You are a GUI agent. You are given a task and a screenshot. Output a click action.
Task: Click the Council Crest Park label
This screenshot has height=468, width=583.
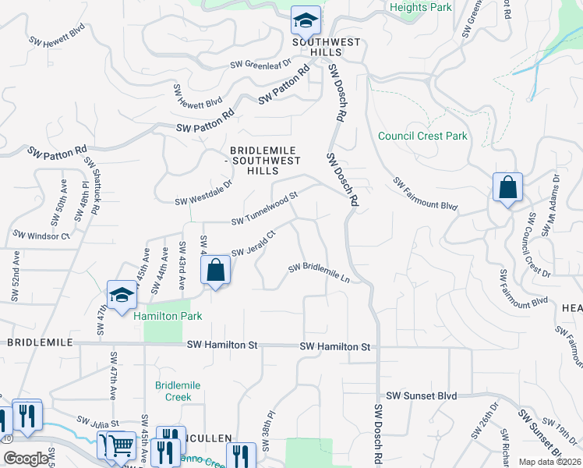pyautogui.click(x=422, y=136)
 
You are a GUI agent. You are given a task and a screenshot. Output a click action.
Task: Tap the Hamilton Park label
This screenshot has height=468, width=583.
pyautogui.click(x=168, y=316)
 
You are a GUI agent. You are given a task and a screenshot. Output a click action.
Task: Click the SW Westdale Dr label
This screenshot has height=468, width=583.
pyautogui.click(x=203, y=193)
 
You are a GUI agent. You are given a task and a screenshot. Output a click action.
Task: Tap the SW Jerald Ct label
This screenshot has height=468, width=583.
pyautogui.click(x=254, y=243)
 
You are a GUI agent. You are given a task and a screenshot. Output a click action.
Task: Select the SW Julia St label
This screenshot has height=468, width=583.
pyautogui.click(x=97, y=422)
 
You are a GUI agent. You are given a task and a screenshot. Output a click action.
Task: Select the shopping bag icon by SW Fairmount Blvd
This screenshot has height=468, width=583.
pyautogui.click(x=507, y=188)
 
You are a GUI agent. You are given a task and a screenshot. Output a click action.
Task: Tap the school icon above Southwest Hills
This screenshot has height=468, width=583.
pyautogui.click(x=306, y=19)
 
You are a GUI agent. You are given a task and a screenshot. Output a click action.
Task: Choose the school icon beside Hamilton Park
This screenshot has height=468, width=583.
pyautogui.click(x=122, y=295)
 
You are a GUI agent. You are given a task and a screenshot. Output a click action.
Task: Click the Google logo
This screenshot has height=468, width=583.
pyautogui.click(x=25, y=459)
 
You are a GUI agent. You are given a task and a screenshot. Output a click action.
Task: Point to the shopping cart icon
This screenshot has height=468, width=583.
pyautogui.click(x=121, y=446)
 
